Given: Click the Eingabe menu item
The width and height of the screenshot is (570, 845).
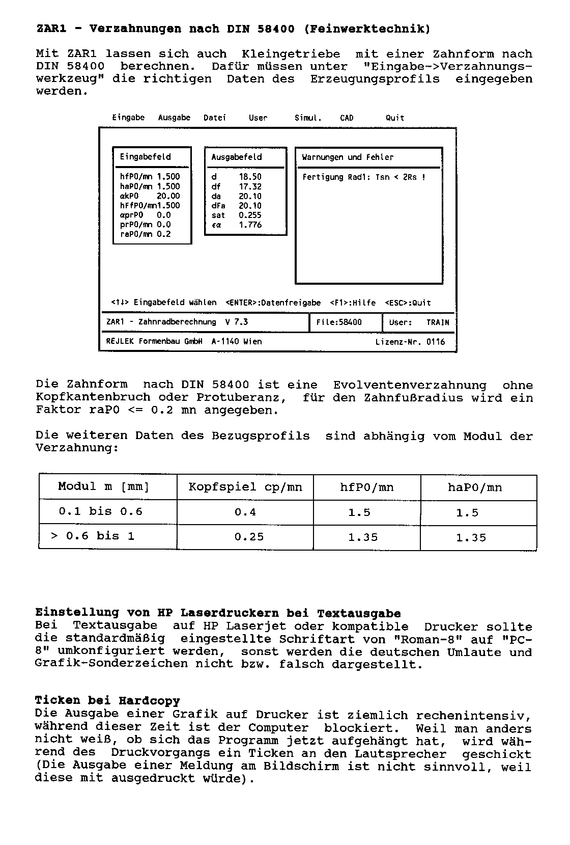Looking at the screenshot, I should coord(128,118).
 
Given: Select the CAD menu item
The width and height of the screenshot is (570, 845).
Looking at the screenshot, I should coord(347,118).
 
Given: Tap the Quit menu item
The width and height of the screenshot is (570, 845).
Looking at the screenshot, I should coord(395,118).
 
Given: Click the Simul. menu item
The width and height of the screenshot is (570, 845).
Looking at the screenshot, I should coord(308,118).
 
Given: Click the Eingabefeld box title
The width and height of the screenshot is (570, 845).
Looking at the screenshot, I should coord(145,157).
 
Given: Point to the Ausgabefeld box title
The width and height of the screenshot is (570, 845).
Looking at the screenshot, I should coord(237,157).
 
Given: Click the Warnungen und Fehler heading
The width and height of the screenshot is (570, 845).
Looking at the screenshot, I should coord(348,157).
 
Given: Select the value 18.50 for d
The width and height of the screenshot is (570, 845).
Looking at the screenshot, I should coord(250,177).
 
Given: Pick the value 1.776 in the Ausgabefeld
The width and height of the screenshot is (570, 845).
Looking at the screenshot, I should coord(250,225).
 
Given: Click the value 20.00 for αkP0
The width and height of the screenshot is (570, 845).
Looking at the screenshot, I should coord(168,196).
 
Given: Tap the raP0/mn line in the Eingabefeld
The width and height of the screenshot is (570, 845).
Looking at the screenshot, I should coord(146,234).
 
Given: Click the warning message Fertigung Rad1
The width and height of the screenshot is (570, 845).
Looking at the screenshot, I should coord(363,177).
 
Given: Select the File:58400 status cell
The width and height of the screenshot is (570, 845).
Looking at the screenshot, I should coord(339,322).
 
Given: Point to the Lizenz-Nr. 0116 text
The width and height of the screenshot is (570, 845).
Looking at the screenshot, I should coord(410,342).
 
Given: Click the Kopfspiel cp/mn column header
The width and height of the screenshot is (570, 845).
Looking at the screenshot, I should coord(245,487).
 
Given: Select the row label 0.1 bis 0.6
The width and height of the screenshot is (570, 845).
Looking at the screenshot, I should coord(100,512).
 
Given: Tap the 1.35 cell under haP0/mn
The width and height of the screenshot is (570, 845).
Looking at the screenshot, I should coord(471,538).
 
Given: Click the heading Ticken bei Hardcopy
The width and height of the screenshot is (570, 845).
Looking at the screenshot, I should coord(107,701).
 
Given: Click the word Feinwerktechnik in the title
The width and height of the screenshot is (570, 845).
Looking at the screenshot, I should coord(366,29).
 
